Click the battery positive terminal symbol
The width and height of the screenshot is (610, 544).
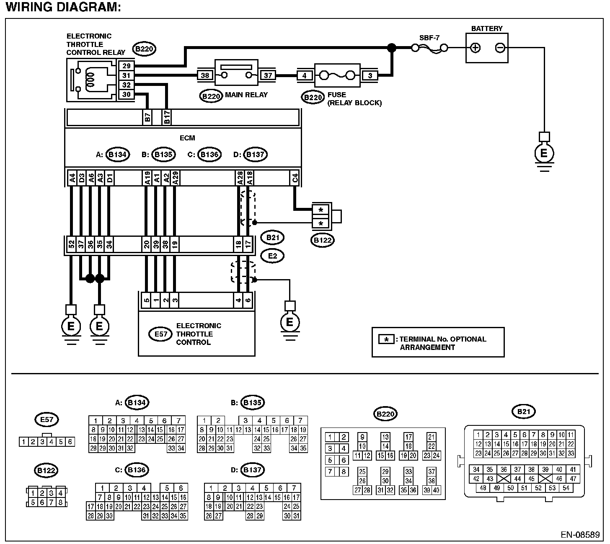click(475, 48)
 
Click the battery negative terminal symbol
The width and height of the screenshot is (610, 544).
click(500, 48)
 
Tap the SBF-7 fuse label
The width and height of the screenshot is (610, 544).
click(429, 38)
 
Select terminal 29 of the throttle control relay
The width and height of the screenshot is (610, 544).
click(126, 66)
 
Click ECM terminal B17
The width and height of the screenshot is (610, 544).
click(167, 117)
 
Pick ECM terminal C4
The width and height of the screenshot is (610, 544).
click(295, 178)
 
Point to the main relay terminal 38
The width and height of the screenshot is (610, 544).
click(205, 75)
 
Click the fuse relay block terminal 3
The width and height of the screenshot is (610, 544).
click(370, 75)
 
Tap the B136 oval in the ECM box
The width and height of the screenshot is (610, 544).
click(209, 155)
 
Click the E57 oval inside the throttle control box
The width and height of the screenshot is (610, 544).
click(160, 334)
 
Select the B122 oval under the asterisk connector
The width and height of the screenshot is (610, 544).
click(323, 240)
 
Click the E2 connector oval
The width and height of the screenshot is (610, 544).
click(272, 256)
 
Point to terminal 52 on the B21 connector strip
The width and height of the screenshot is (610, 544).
click(71, 244)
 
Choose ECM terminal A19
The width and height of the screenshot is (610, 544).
click(147, 178)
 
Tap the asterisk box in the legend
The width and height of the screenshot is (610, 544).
click(386, 339)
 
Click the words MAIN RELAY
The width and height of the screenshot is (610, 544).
click(246, 95)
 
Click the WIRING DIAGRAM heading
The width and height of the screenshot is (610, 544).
click(63, 7)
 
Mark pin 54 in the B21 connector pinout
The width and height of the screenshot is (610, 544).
click(566, 488)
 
